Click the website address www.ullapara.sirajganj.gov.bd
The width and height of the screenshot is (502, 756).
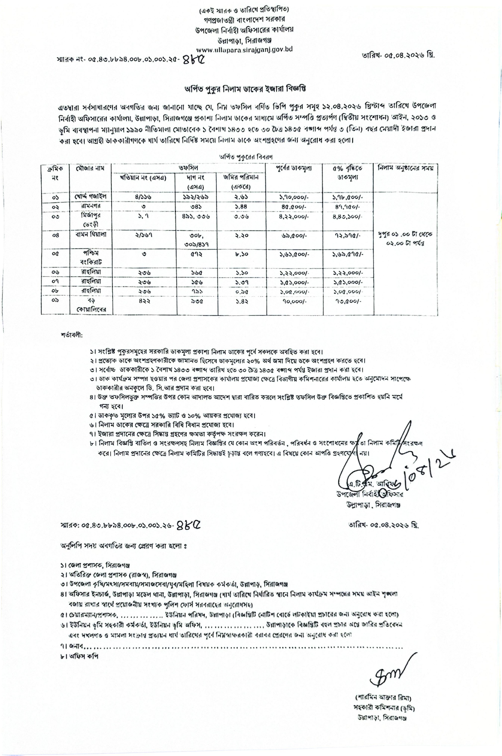(244, 50)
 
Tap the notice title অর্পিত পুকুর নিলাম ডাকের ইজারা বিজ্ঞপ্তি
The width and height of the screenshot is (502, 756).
(245, 89)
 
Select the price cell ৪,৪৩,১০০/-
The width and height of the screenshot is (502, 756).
(347, 217)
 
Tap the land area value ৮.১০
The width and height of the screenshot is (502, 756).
(240, 254)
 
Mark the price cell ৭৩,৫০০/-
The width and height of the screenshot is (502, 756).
(347, 301)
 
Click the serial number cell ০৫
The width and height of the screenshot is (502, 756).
(55, 254)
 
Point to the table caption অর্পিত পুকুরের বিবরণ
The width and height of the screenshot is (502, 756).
(239, 157)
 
